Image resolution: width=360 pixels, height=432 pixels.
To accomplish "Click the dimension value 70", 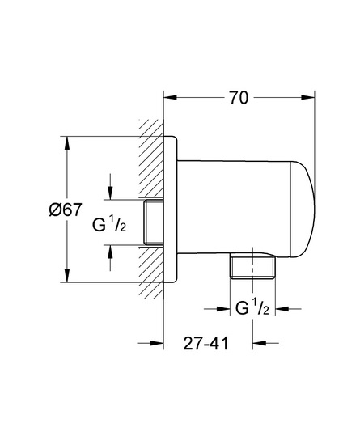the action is coord(239,98).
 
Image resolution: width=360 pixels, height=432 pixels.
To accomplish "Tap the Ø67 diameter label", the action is coord(66,210).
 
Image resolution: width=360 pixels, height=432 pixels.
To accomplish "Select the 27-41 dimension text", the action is coord(206,344).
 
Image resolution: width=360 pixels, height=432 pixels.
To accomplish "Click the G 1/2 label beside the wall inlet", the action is coord(109,224).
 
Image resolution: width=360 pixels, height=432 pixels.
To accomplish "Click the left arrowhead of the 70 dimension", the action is coord(170,98).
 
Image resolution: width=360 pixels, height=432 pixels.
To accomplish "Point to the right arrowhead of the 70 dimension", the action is coord(308,98).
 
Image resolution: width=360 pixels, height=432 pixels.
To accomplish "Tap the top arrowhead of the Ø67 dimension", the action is coord(66,142).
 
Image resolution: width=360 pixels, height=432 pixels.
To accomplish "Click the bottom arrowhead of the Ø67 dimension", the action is coord(66,276).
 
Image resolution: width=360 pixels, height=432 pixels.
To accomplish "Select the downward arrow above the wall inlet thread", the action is coord(110,186).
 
